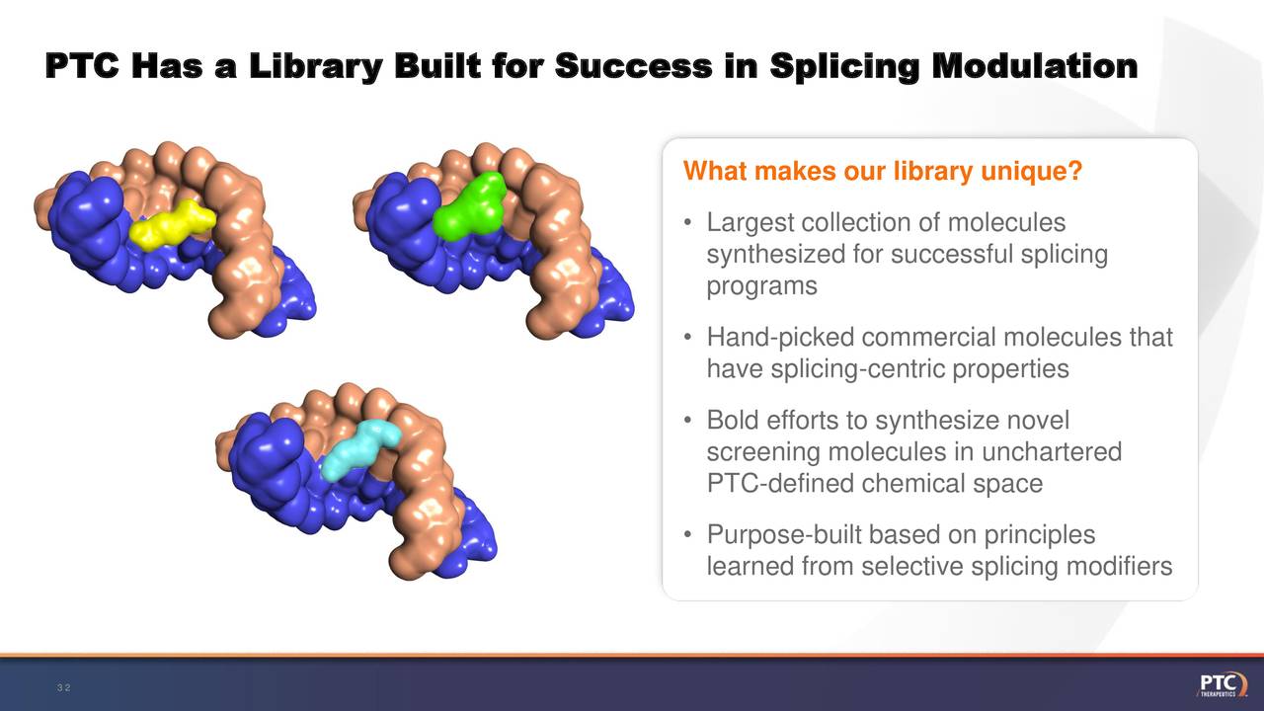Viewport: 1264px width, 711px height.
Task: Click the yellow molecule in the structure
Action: (172, 225)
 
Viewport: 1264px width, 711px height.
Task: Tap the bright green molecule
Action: (470, 207)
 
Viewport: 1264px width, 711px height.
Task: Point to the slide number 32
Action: (63, 687)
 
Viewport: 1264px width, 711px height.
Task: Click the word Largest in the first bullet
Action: (750, 223)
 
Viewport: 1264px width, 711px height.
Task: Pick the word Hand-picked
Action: (781, 338)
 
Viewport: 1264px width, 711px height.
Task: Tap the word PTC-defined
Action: (781, 484)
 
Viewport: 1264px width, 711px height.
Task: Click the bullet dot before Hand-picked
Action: (686, 339)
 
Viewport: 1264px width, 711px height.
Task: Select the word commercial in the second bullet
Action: (929, 338)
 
